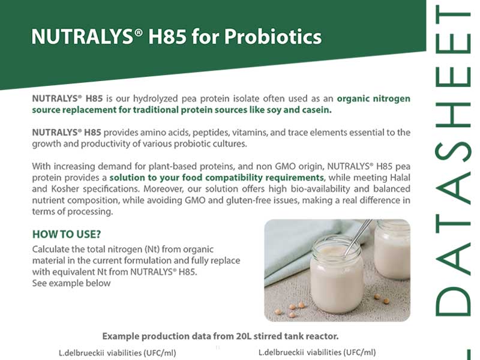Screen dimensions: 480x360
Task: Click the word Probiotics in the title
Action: [273, 37]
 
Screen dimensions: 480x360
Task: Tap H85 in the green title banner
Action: [167, 36]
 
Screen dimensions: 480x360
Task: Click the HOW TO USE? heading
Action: [67, 234]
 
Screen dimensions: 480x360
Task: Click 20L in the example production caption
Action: [244, 336]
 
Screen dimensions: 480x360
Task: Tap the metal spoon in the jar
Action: [358, 237]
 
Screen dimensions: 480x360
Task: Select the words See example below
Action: [71, 283]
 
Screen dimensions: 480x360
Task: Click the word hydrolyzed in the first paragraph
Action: [155, 98]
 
